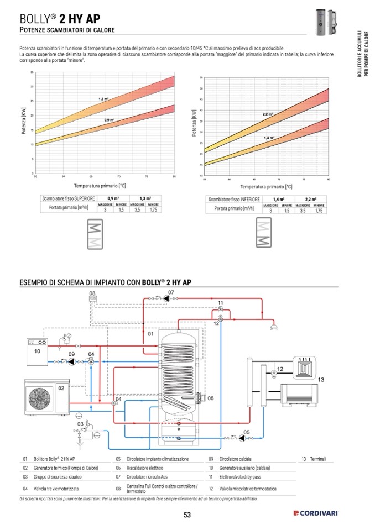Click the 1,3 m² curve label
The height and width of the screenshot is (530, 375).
tap(103, 99)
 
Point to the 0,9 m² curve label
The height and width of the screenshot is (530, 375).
tap(109, 120)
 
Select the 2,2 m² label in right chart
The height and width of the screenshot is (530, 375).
tap(268, 114)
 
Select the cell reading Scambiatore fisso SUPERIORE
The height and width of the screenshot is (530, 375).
tap(69, 198)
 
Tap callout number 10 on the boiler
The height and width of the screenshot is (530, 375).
tap(37, 351)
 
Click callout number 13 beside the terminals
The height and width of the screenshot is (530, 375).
tap(322, 380)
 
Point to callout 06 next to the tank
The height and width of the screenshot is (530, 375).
tap(210, 398)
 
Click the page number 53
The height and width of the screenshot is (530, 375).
tap(187, 515)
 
